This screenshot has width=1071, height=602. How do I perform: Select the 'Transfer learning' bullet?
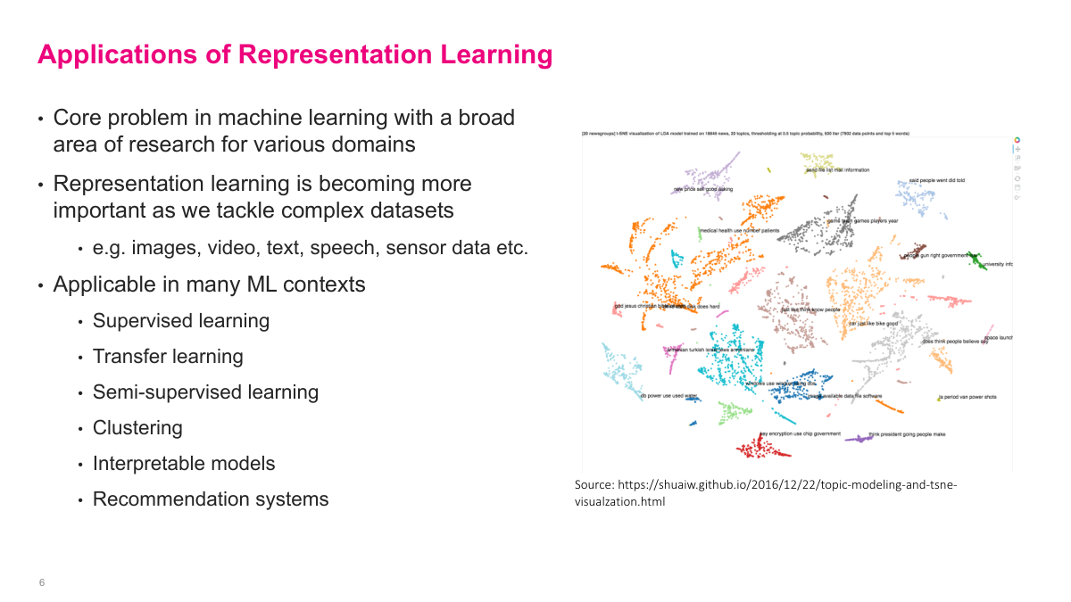(x=168, y=357)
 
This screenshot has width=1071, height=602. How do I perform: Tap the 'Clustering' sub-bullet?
(x=137, y=428)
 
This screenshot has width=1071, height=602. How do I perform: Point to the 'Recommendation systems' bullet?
(x=210, y=499)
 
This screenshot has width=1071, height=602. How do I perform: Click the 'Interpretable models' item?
(x=184, y=464)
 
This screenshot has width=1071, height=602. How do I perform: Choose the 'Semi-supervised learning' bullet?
(x=205, y=392)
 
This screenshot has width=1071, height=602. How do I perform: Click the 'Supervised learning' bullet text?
(x=180, y=321)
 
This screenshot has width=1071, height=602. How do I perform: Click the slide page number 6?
(x=42, y=582)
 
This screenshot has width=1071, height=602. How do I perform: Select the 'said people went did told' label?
(x=936, y=181)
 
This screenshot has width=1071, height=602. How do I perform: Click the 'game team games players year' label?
(x=862, y=220)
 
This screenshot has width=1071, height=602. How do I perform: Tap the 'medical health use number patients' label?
(x=739, y=230)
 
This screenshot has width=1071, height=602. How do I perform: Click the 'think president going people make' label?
(x=906, y=434)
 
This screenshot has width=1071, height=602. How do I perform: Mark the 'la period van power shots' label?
(x=967, y=397)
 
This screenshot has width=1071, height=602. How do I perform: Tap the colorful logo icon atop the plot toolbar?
(x=1017, y=140)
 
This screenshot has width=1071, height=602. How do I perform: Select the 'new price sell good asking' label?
(x=703, y=189)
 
